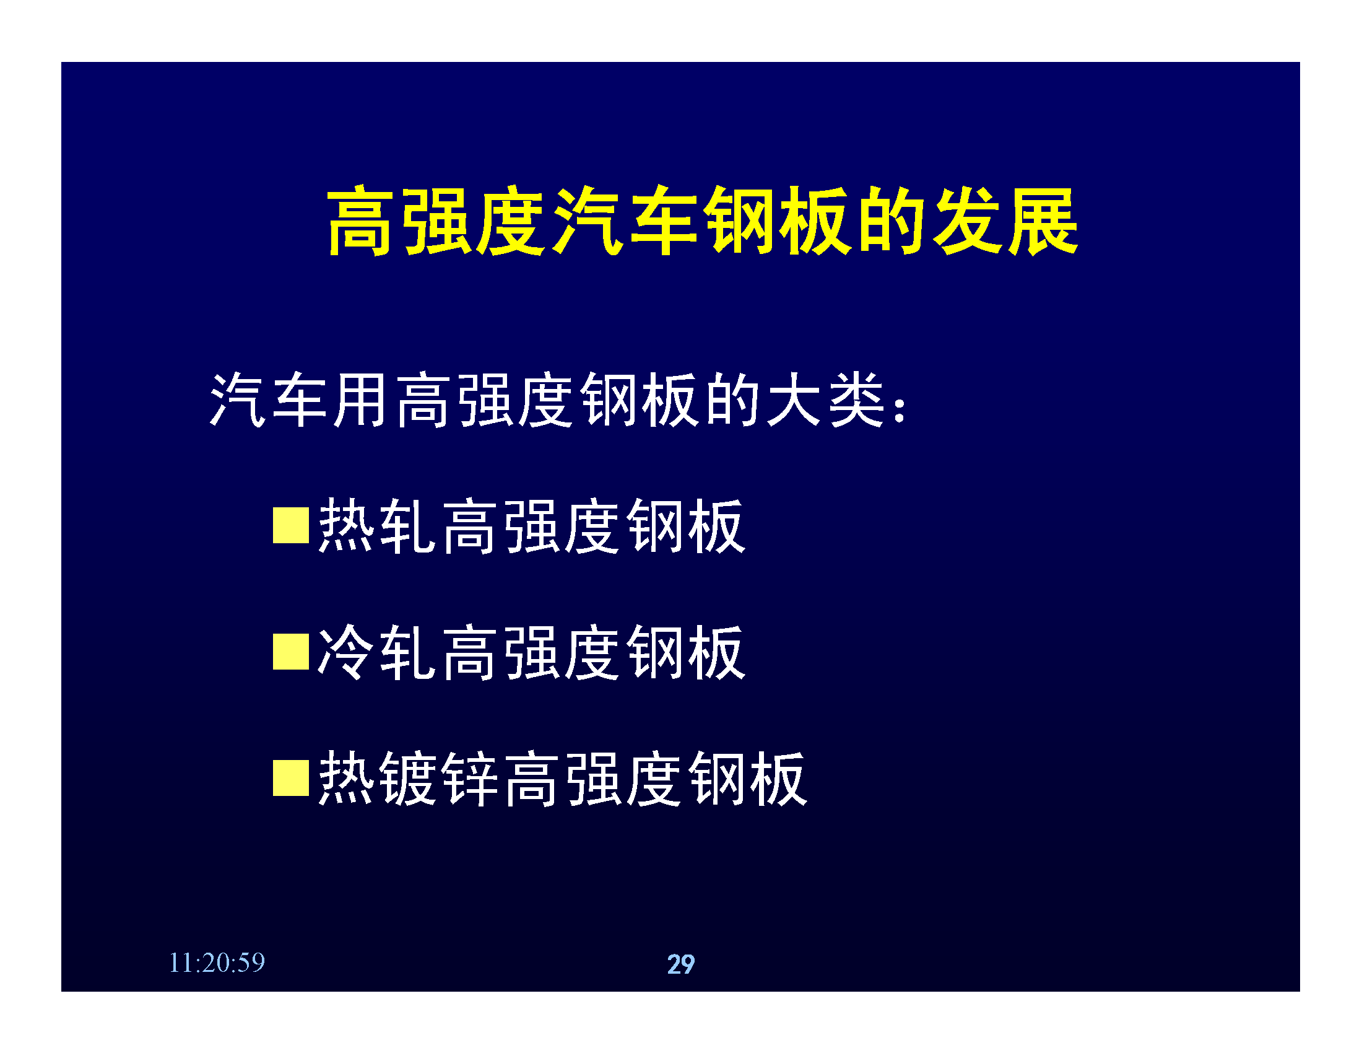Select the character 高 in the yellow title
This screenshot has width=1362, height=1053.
(361, 221)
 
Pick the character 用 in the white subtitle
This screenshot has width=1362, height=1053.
(360, 400)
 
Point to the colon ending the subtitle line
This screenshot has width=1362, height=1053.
(900, 410)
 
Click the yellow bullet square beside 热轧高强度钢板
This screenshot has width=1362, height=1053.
(291, 525)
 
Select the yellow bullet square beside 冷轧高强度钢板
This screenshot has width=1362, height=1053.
(291, 652)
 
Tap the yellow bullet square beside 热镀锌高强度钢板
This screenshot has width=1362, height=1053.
(291, 778)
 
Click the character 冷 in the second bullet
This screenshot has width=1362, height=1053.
(345, 652)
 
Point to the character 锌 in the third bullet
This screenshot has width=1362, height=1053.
(470, 778)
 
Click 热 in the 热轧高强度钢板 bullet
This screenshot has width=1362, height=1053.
(345, 525)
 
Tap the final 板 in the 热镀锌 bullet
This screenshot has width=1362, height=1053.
(779, 778)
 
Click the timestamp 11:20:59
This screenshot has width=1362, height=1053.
(217, 963)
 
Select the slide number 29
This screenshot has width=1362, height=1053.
(681, 964)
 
